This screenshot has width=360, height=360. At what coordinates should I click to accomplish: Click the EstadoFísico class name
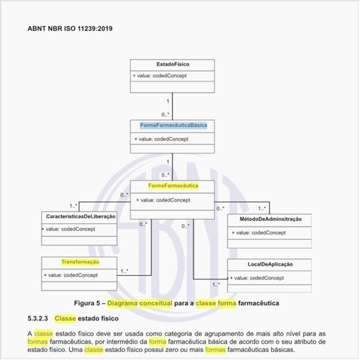(x=173, y=65)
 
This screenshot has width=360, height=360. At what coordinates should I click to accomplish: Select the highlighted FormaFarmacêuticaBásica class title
(x=174, y=125)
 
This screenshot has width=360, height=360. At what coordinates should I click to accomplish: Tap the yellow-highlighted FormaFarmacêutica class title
(x=174, y=186)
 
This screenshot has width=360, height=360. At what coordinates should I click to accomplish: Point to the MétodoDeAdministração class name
(x=270, y=218)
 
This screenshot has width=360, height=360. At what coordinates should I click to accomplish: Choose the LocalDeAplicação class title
(x=270, y=265)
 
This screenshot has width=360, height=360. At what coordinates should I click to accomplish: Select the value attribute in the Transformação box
(x=71, y=275)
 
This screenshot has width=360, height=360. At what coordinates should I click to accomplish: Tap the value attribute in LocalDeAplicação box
(x=256, y=277)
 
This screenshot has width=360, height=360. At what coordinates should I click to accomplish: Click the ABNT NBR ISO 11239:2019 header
(x=71, y=30)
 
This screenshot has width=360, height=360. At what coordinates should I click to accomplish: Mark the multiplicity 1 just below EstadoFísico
(x=168, y=101)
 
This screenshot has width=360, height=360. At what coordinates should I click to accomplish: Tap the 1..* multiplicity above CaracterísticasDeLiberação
(x=73, y=206)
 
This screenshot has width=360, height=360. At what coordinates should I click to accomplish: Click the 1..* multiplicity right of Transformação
(x=125, y=271)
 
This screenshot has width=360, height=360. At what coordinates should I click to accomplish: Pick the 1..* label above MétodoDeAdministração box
(x=262, y=208)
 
